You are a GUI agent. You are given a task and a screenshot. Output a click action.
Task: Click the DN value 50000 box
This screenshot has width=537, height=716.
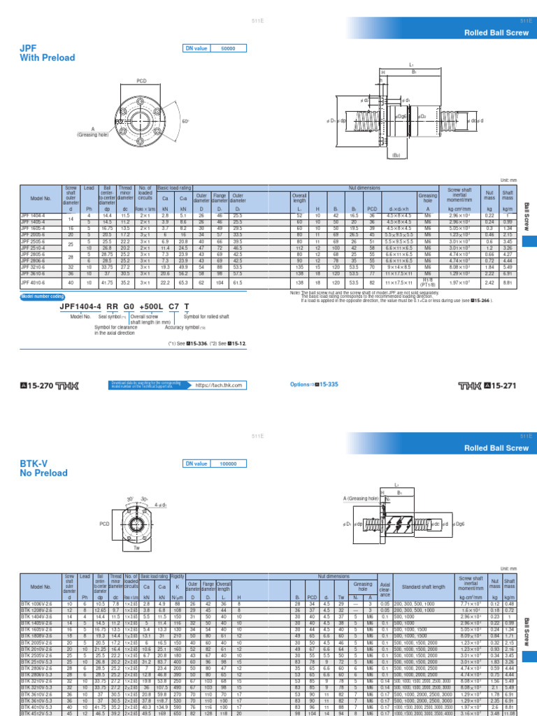point(229,48)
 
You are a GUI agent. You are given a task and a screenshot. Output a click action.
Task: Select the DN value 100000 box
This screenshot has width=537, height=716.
point(229,464)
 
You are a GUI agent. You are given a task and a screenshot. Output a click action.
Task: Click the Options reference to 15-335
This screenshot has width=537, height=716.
point(313,385)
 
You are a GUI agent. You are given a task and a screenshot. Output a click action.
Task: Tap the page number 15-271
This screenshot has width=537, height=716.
point(502,385)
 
